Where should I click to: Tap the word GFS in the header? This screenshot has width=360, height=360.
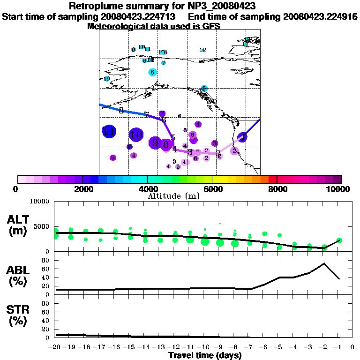coord(211,26)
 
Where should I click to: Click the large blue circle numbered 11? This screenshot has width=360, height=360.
coord(109,132)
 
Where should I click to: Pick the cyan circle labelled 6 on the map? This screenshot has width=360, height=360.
coord(152,72)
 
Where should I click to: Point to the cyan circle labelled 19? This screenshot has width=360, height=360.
coord(107,79)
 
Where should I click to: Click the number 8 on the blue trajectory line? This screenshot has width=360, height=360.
coord(121,111)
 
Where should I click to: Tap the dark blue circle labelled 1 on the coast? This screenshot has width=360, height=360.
coord(242,137)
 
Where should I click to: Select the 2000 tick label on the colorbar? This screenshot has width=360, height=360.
coord(82,189)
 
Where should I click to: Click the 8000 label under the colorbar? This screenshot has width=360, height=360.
coord(277,189)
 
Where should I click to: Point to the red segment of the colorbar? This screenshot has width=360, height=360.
coord(273,179)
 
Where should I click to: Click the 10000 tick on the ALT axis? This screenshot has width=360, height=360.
coord(40,202)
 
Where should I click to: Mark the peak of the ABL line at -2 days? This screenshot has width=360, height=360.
coord(324,263)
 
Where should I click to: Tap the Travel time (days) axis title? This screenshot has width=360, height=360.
coord(205,355)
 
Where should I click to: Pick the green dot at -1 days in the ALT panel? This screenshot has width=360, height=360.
coord(339,240)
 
